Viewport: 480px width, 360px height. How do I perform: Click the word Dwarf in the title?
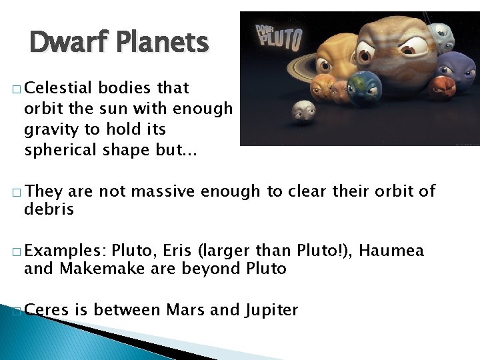pyautogui.click(x=65, y=43)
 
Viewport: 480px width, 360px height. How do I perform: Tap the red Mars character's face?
pyautogui.click(x=441, y=87)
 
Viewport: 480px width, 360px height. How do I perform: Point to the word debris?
pyautogui.click(x=49, y=209)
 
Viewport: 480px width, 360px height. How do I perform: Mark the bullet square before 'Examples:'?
pyautogui.click(x=16, y=252)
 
